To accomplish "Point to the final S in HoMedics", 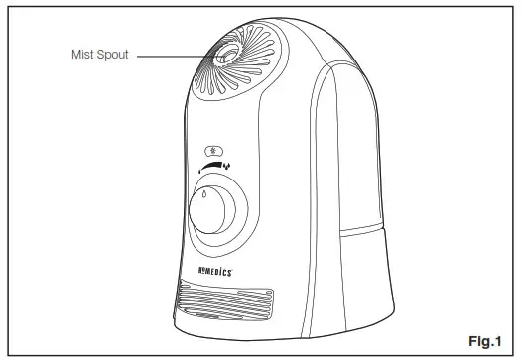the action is [x=218, y=268].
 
